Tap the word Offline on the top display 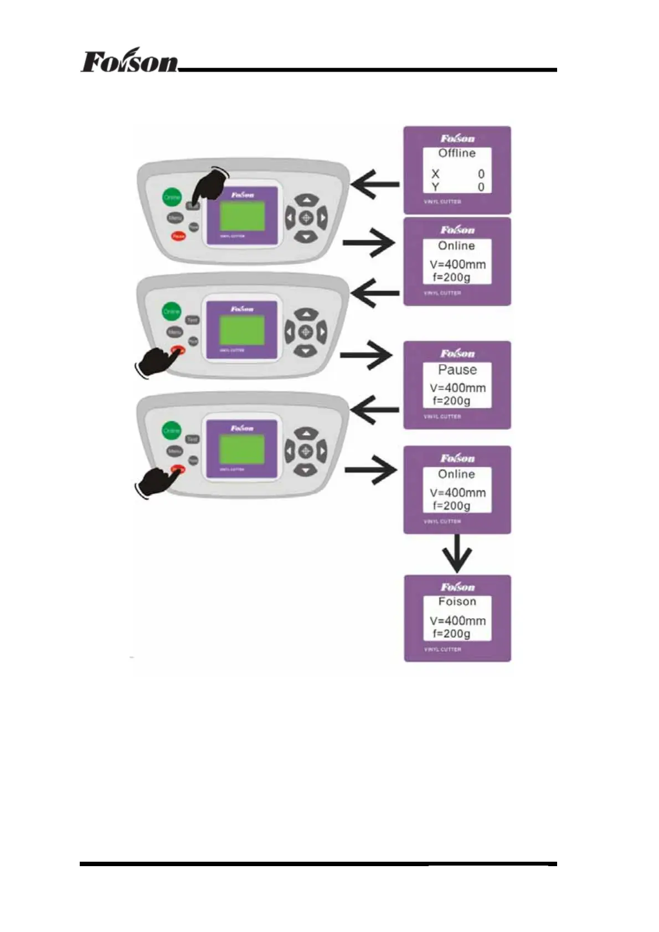(x=457, y=153)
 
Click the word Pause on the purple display (x=457, y=370)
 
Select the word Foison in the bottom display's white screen (x=457, y=602)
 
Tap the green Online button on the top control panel (x=172, y=197)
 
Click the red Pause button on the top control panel (x=178, y=236)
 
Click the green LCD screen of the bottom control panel (x=241, y=449)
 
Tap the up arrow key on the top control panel (x=306, y=199)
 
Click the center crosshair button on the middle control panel (x=306, y=332)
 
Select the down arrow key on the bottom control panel (x=305, y=471)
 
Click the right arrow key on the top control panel (x=322, y=218)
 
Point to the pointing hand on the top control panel (x=210, y=185)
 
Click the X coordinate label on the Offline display (x=435, y=174)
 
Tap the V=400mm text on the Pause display (x=457, y=388)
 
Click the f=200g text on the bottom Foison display (x=451, y=634)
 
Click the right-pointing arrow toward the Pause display (x=366, y=355)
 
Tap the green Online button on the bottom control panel (x=171, y=431)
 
